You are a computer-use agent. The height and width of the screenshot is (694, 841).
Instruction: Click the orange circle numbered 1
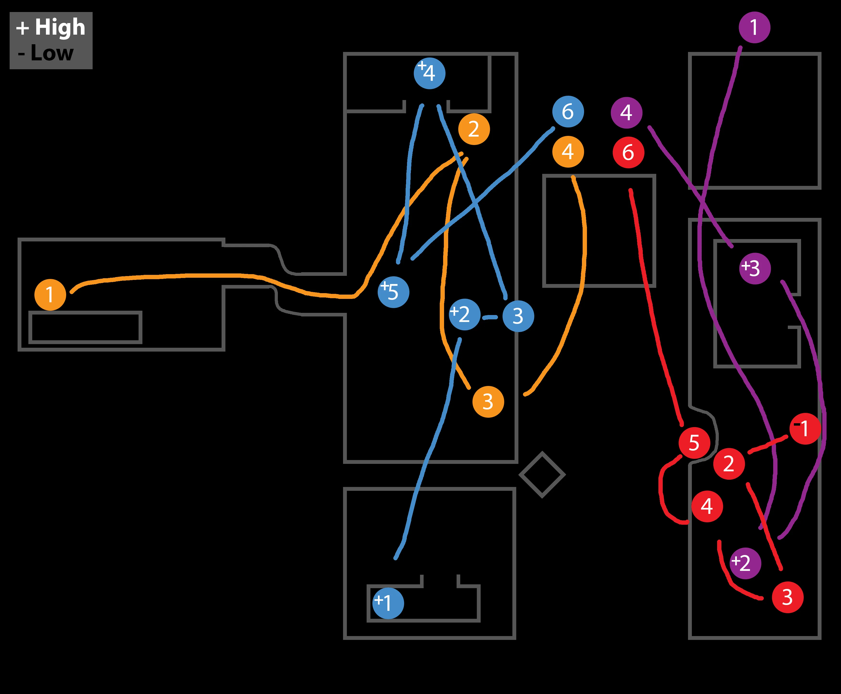(50, 295)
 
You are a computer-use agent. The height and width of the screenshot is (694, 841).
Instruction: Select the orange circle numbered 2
(474, 129)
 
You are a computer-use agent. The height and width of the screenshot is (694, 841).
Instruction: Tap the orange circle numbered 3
(488, 402)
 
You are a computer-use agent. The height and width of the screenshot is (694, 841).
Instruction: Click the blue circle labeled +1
(388, 603)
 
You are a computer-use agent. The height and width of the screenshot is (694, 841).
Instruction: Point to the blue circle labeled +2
(464, 314)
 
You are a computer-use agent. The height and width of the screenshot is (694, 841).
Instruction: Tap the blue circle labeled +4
(429, 73)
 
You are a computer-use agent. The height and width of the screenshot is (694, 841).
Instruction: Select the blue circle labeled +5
(394, 292)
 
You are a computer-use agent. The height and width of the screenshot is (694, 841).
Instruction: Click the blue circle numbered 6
(568, 112)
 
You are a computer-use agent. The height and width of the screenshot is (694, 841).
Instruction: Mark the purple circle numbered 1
(754, 27)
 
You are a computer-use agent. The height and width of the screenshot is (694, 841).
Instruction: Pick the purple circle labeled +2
(745, 563)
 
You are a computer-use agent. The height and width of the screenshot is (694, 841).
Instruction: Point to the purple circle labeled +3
(755, 268)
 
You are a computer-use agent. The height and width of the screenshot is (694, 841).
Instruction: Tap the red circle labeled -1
(805, 429)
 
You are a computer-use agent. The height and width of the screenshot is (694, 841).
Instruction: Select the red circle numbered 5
(694, 442)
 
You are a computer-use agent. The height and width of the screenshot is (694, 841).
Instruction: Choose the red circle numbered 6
(628, 152)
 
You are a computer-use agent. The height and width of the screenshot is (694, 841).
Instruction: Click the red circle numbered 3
(787, 597)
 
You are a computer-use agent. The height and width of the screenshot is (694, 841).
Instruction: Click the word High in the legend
(60, 27)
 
